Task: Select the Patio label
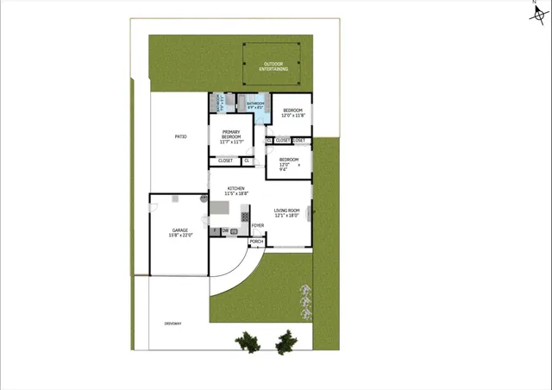click(181, 136)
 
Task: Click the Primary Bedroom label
click(230, 136)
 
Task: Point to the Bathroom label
click(255, 104)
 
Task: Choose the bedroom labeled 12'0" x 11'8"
click(293, 112)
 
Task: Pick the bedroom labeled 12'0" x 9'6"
click(289, 163)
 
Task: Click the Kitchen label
click(235, 191)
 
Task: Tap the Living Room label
click(286, 213)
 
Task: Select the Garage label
click(180, 232)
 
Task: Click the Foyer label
click(257, 226)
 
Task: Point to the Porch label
click(256, 242)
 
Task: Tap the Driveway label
click(173, 324)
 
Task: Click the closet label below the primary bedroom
click(225, 160)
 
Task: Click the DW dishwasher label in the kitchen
click(225, 231)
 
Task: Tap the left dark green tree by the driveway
click(248, 343)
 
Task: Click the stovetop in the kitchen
click(245, 215)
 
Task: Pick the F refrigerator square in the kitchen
click(215, 231)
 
